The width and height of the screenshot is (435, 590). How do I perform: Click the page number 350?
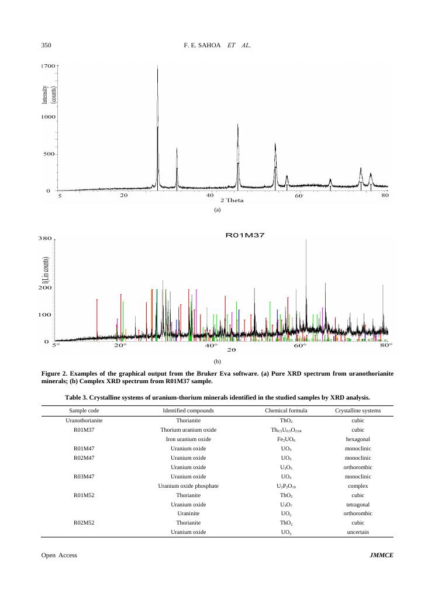(46, 45)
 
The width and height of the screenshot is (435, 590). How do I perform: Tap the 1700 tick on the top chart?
(47, 66)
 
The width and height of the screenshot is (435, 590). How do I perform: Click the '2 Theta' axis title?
(232, 200)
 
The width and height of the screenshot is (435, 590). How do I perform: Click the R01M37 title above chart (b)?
(245, 235)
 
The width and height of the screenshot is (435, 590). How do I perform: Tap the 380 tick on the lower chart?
(45, 238)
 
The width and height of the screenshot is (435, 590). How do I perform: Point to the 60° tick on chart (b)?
(299, 346)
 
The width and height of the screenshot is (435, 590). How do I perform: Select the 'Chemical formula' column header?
(286, 411)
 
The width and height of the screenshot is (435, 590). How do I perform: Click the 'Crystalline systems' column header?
(357, 411)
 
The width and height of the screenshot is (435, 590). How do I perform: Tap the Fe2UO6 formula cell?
(286, 439)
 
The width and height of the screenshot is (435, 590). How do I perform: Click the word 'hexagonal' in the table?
(357, 439)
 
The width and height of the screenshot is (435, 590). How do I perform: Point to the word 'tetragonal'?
(357, 504)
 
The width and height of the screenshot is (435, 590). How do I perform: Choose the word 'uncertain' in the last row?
(357, 532)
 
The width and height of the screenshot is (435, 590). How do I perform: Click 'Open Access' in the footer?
(59, 555)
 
